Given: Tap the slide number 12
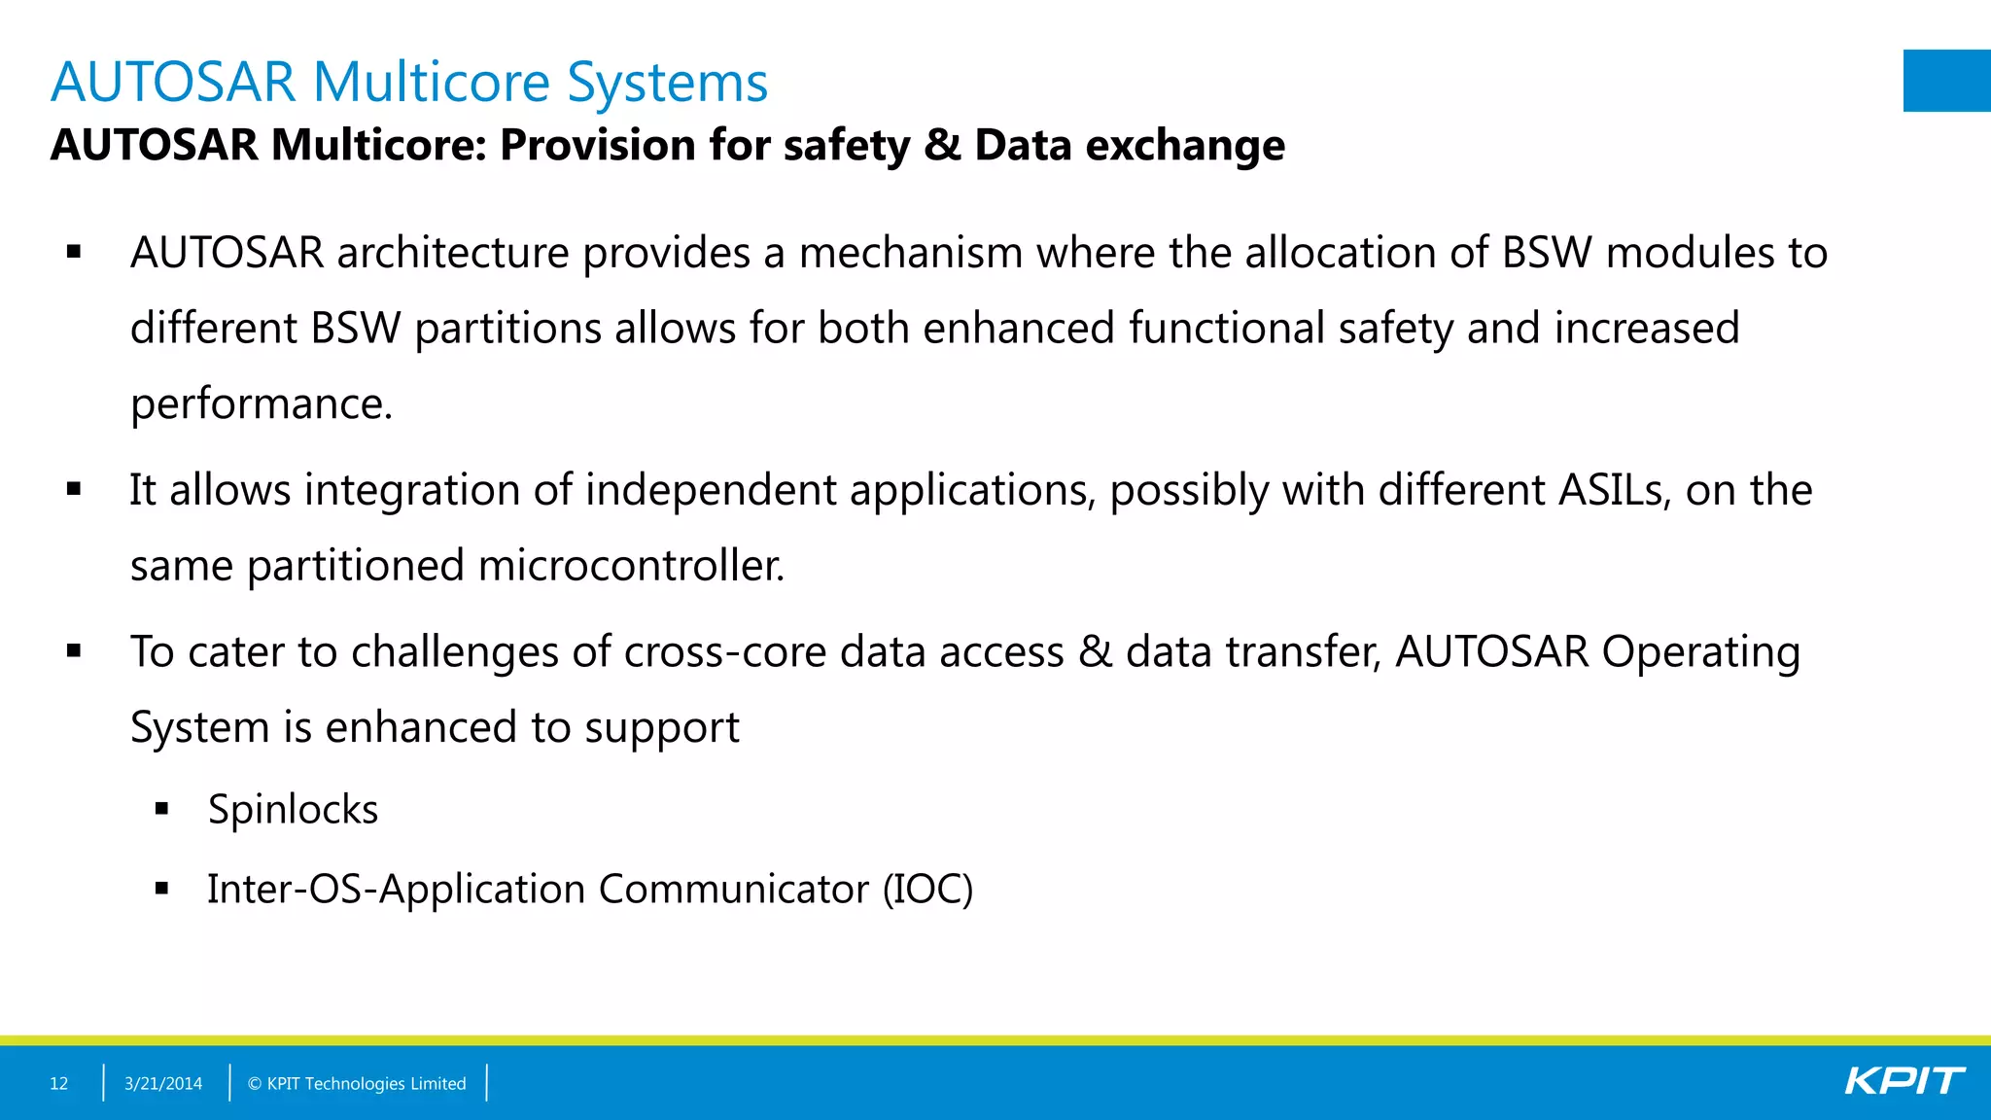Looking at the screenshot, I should pyautogui.click(x=59, y=1083).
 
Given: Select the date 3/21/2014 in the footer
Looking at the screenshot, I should pyautogui.click(x=163, y=1083).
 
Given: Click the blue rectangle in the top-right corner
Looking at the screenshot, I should pyautogui.click(x=1946, y=81).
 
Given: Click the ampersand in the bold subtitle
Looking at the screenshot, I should pyautogui.click(x=942, y=145).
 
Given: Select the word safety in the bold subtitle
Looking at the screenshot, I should pyautogui.click(x=847, y=146).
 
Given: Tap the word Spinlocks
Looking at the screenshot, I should pyautogui.click(x=293, y=809).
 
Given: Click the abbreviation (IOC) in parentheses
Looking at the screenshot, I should pyautogui.click(x=927, y=889).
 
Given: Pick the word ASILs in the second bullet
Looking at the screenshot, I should pyautogui.click(x=1614, y=490).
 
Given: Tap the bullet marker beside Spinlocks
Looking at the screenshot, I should pyautogui.click(x=161, y=808).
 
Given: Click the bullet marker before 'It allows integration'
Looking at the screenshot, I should pyautogui.click(x=74, y=489).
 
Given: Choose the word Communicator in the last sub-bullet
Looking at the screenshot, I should pyautogui.click(x=734, y=889).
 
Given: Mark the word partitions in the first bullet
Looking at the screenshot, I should pyautogui.click(x=507, y=329).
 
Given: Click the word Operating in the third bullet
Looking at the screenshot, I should pyautogui.click(x=1700, y=651).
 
